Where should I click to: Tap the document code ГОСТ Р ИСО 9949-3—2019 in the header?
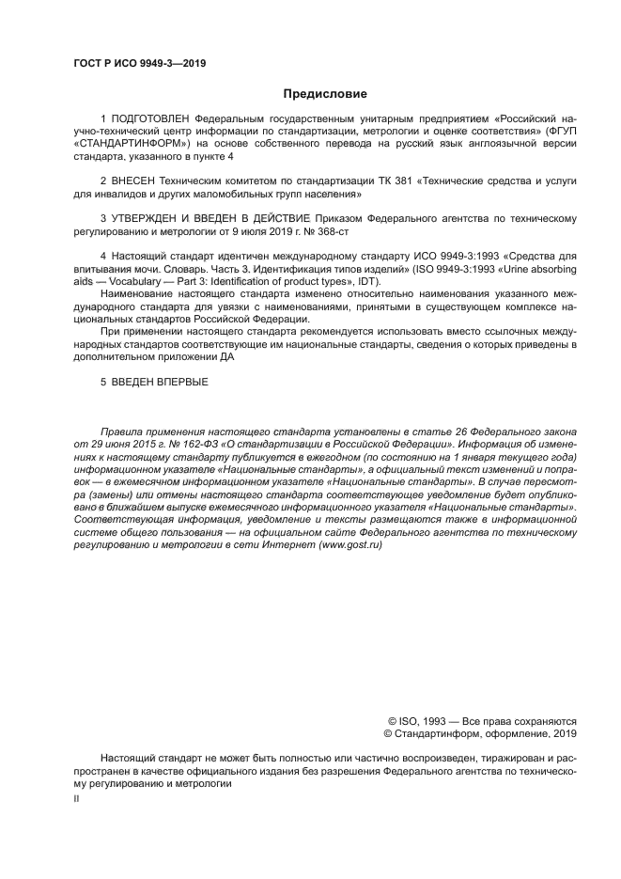[139, 63]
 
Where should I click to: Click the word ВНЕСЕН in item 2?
[134, 179]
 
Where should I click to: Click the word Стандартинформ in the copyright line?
[440, 733]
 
